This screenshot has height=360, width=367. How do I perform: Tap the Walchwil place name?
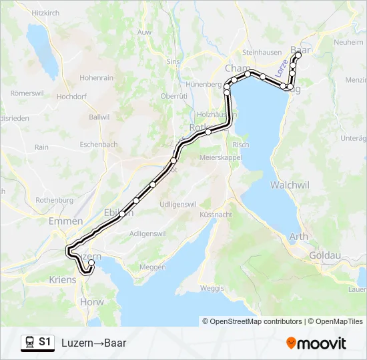(x=288, y=183)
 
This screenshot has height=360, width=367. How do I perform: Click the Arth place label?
(x=298, y=237)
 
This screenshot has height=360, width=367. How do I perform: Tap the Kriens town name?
(x=63, y=280)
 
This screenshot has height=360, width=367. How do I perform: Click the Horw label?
(x=92, y=302)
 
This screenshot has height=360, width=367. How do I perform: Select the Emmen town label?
(x=66, y=221)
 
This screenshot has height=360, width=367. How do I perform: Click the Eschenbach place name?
(x=99, y=144)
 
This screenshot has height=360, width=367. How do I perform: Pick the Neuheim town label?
(x=348, y=41)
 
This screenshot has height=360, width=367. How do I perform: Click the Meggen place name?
(x=152, y=267)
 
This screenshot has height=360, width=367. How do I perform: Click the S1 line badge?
(x=45, y=342)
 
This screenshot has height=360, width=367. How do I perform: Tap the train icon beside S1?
(x=29, y=343)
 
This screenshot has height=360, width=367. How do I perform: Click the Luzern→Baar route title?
(x=93, y=343)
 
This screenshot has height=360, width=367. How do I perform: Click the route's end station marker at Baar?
(x=298, y=55)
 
